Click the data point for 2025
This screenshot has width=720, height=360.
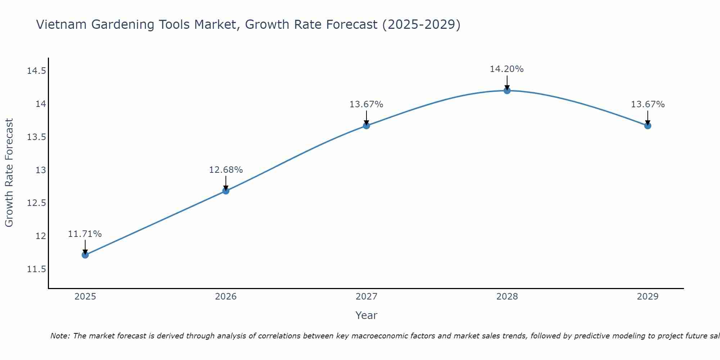click(x=85, y=255)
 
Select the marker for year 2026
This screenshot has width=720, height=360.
click(x=226, y=191)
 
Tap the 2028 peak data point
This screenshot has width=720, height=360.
click(x=507, y=90)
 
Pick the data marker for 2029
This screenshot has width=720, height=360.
click(x=648, y=126)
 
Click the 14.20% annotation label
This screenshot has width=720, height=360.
click(x=507, y=69)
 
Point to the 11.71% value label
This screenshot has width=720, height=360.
click(x=85, y=234)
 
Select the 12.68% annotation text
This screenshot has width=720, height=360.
click(x=226, y=170)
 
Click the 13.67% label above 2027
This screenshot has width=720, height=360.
click(x=366, y=104)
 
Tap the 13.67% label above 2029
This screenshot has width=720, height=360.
click(x=648, y=104)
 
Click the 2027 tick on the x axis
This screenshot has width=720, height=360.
click(x=366, y=297)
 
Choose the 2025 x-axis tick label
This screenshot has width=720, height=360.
click(x=85, y=297)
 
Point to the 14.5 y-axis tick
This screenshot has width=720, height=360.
click(x=36, y=71)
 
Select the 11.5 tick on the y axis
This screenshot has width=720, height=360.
click(x=36, y=269)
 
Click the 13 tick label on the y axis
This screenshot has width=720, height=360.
click(x=41, y=170)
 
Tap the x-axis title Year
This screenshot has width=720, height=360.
click(x=366, y=315)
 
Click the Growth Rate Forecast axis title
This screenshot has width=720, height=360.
click(x=9, y=173)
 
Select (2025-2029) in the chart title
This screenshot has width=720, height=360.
click(x=421, y=24)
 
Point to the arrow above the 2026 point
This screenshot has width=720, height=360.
click(x=226, y=183)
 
